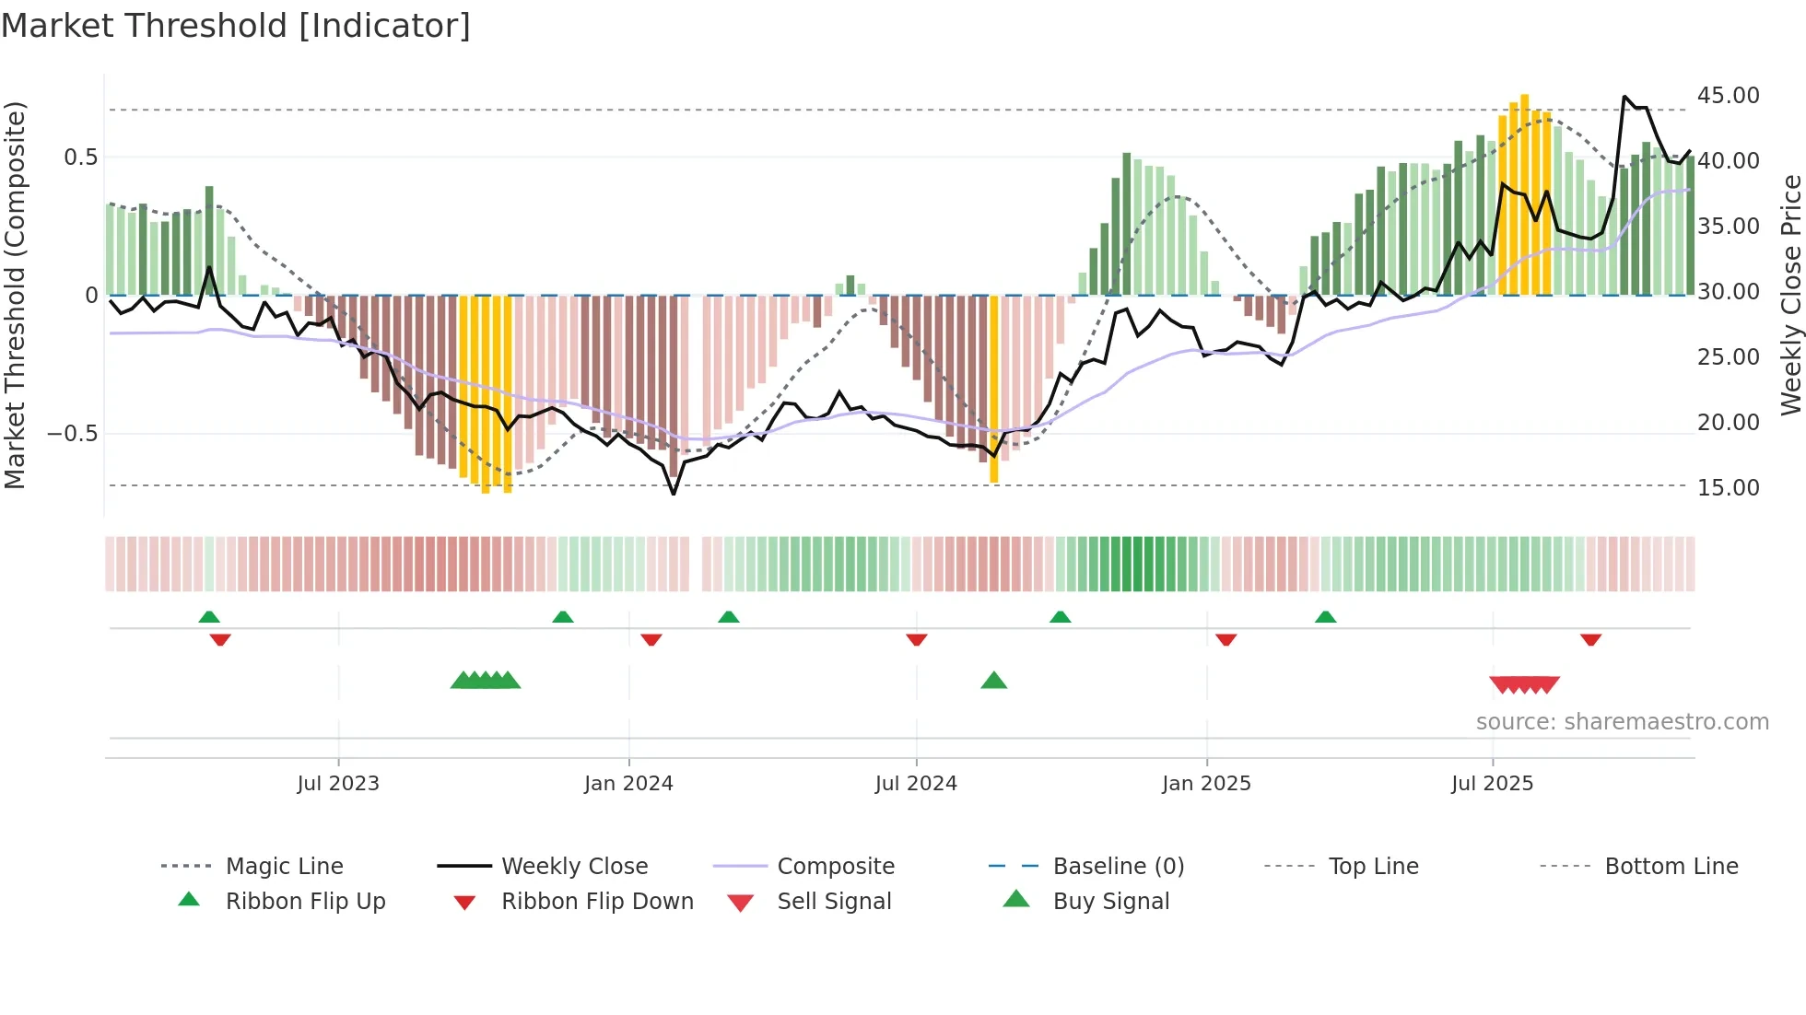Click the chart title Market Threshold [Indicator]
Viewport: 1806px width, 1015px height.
[236, 26]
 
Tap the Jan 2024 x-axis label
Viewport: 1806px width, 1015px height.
[628, 784]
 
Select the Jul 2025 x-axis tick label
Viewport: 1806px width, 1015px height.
[1492, 784]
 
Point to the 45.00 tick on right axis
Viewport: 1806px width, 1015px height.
[1728, 96]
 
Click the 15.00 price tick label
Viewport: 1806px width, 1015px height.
[1728, 488]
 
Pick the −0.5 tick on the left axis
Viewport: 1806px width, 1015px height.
[72, 434]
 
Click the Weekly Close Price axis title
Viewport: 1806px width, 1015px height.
[1790, 295]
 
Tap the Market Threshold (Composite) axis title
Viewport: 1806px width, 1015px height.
[15, 295]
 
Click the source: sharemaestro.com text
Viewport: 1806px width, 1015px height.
[1622, 722]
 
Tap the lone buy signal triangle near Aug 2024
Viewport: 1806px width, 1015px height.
[993, 681]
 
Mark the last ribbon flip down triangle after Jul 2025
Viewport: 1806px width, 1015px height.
[1590, 639]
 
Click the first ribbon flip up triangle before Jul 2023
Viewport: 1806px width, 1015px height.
[209, 616]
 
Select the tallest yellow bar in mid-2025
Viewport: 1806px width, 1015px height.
[1525, 193]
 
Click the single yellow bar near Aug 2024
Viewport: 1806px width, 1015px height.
[993, 387]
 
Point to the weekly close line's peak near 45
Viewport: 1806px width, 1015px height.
[1624, 97]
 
